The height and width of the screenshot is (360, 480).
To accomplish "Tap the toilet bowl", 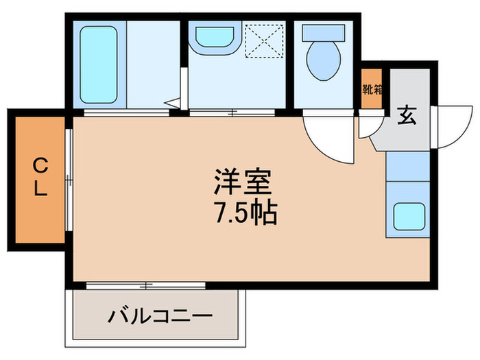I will (322, 62).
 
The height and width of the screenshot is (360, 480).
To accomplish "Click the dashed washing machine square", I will (263, 41).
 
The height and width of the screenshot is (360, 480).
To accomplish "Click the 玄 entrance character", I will (406, 117).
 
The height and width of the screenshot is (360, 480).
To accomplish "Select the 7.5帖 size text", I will (243, 214).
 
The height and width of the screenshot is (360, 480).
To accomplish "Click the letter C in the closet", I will (40, 164).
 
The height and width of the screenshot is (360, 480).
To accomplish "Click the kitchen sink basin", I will (408, 217).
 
